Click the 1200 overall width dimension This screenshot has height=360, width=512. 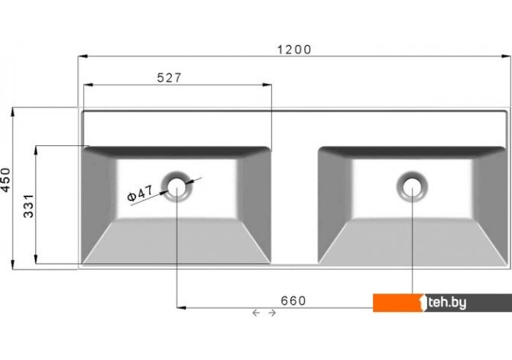294,50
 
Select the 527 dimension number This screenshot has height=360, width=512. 169,78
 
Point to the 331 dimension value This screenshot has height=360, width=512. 29,206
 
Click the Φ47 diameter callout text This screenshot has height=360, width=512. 140,193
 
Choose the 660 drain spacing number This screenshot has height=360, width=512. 293,301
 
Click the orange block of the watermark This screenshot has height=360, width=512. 398,303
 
